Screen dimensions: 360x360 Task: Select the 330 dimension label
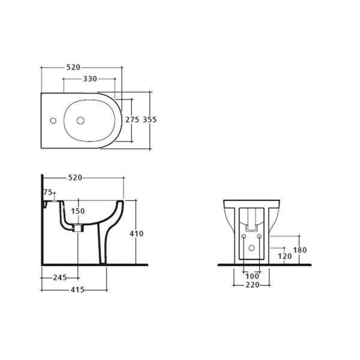90,79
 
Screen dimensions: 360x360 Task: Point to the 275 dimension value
132,119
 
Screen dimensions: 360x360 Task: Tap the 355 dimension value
149,119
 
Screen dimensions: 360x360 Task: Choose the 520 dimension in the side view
74,178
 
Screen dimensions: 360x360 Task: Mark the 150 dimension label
78,211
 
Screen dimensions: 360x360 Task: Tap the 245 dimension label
58,277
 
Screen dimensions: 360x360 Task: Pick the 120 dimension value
284,256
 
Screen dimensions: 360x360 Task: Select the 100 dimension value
251,275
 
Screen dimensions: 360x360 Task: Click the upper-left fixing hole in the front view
244,236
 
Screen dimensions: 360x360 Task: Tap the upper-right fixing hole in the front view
259,236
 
